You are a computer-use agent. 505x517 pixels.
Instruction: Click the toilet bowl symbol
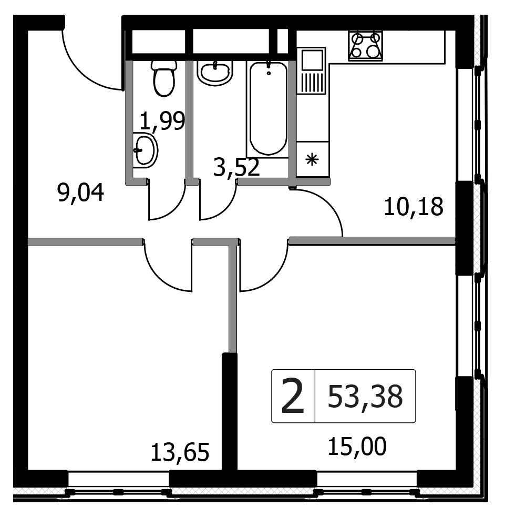click(164, 78)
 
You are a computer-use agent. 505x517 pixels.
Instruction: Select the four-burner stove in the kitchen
click(366, 46)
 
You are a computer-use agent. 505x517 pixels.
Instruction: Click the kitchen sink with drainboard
click(311, 71)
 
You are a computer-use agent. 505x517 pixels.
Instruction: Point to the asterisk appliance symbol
click(312, 160)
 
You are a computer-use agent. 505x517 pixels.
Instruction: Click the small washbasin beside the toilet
click(145, 150)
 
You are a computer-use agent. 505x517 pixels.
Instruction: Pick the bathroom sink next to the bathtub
click(215, 73)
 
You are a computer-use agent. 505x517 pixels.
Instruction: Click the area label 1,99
click(162, 121)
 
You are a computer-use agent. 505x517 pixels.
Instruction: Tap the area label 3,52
click(236, 167)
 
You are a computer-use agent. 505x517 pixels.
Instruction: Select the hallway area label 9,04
click(80, 193)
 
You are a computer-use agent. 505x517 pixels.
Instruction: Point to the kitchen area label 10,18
click(414, 207)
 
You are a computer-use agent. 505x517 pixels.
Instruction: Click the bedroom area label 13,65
click(180, 452)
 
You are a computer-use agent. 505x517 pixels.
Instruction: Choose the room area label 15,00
click(357, 447)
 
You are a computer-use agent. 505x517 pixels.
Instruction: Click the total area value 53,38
click(365, 397)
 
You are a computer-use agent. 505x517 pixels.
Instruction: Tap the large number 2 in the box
click(293, 397)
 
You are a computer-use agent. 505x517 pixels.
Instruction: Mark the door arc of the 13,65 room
click(161, 279)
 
